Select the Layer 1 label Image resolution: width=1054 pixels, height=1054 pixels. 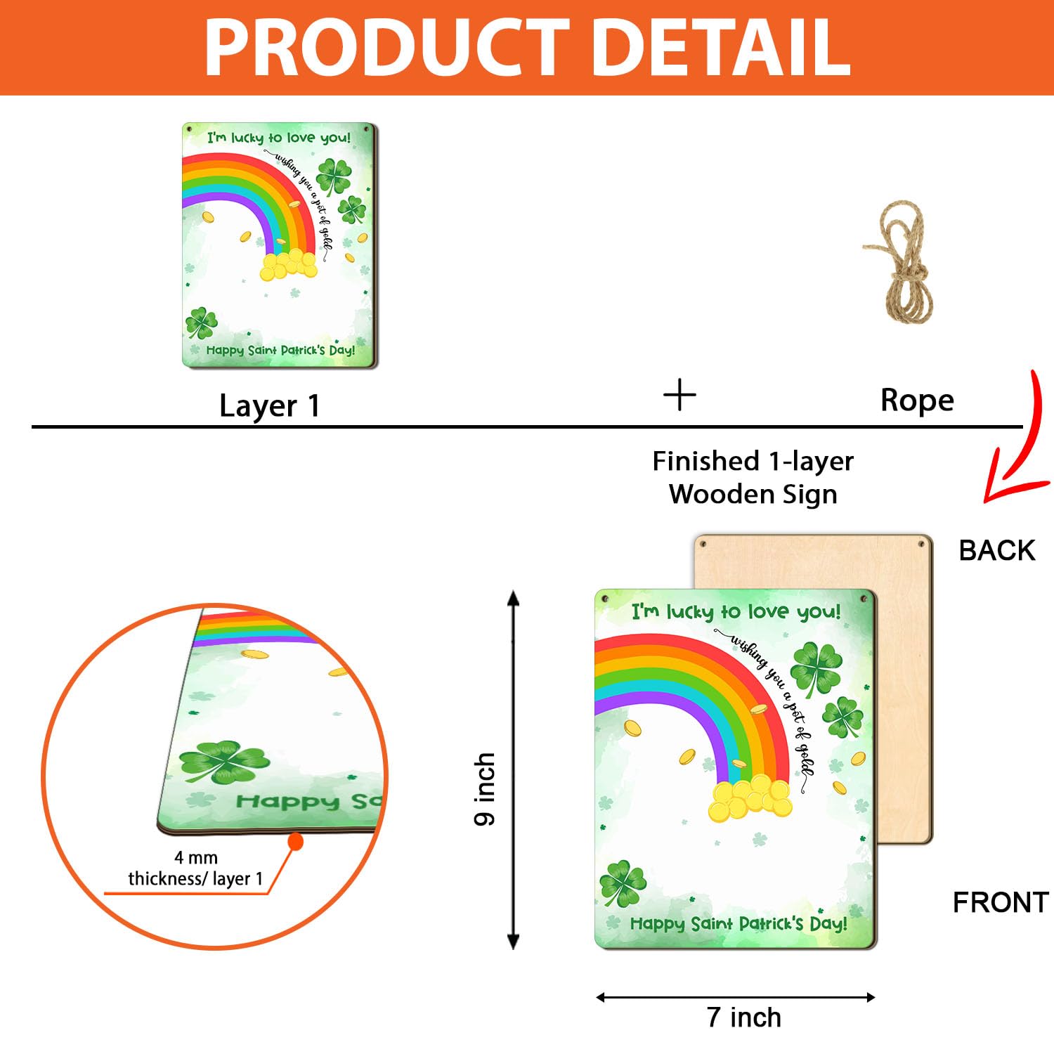pos(270,406)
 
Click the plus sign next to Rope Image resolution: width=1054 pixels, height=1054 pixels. pos(679,395)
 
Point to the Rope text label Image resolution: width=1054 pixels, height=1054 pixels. pos(917,401)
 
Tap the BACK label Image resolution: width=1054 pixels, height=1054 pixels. pos(997,550)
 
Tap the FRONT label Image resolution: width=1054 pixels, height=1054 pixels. pos(1001,902)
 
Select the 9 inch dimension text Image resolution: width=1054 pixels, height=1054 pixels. pos(485,789)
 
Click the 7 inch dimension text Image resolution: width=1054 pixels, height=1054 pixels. pos(744,1017)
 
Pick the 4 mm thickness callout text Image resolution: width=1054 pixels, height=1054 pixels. pos(195,868)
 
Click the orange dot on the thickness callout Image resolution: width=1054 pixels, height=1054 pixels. pos(296,841)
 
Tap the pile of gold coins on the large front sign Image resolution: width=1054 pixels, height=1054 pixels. pos(750,798)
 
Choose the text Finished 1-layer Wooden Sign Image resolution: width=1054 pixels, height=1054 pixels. pos(753,478)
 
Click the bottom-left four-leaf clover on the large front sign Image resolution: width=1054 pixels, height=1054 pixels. pos(622,883)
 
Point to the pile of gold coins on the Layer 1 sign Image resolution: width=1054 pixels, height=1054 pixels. pos(288,266)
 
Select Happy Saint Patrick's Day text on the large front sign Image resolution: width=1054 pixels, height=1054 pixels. pos(739,923)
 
